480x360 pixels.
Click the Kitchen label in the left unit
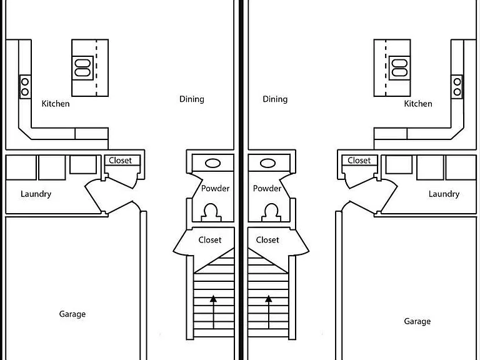pyautogui.click(x=56, y=104)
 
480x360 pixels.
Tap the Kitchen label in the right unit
pyautogui.click(x=418, y=104)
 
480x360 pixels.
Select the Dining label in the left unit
pyautogui.click(x=192, y=99)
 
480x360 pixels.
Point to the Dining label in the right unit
pyautogui.click(x=275, y=99)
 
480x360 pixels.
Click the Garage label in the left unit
pyautogui.click(x=72, y=314)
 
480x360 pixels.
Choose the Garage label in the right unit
pyautogui.click(x=417, y=321)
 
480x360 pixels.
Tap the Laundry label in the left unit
pyautogui.click(x=36, y=194)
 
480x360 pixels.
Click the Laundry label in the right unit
pyautogui.click(x=444, y=194)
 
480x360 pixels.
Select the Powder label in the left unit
pyautogui.click(x=215, y=188)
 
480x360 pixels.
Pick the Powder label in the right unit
pyautogui.click(x=267, y=188)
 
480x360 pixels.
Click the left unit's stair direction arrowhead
pyautogui.click(x=213, y=299)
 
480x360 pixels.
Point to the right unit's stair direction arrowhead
pyautogui.click(x=269, y=299)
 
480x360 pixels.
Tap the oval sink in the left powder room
pyautogui.click(x=212, y=163)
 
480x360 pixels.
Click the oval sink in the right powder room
pyautogui.click(x=267, y=163)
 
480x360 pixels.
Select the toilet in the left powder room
pyautogui.click(x=211, y=212)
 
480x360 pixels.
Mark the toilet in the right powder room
pyautogui.click(x=271, y=212)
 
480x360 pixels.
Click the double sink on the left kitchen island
pyautogui.click(x=82, y=68)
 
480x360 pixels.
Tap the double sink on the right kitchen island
pyautogui.click(x=399, y=68)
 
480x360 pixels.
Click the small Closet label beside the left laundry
pyautogui.click(x=120, y=161)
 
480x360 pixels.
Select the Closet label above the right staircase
pyautogui.click(x=267, y=240)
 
